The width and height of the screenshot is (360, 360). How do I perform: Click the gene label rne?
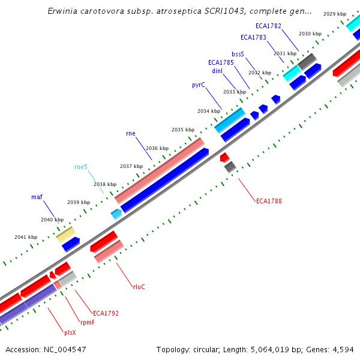[131, 133]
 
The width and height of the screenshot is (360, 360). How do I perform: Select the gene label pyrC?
[199, 85]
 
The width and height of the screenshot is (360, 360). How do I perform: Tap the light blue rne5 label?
[81, 167]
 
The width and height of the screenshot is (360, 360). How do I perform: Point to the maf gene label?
[37, 197]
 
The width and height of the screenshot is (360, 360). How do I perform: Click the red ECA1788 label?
[269, 201]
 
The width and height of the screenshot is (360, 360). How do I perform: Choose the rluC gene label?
[139, 287]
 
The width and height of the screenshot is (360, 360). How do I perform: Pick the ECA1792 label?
[106, 313]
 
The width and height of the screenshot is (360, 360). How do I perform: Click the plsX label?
[70, 332]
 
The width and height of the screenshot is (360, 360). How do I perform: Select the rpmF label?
[87, 322]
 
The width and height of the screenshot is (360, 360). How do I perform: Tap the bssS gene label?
[238, 54]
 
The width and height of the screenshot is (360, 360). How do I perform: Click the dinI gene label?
[217, 70]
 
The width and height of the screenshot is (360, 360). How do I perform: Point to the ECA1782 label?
[268, 26]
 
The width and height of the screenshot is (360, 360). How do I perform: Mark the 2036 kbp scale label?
[157, 148]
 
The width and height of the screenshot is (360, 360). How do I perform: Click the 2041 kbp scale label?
[26, 237]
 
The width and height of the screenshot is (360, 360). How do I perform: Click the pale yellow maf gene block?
[66, 235]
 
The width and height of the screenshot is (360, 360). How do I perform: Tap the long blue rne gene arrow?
[164, 179]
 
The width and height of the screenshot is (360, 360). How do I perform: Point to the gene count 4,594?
[343, 349]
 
